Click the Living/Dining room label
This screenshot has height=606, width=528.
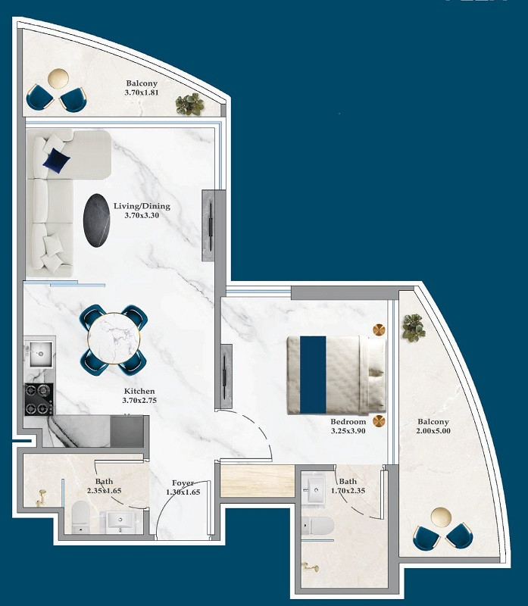[142, 206]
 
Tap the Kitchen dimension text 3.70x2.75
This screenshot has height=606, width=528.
[139, 401]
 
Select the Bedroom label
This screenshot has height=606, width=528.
[348, 422]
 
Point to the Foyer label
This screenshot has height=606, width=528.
[183, 483]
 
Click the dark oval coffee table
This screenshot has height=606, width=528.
[97, 220]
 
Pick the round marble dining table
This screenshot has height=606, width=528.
[114, 339]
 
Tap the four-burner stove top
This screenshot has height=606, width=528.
[39, 399]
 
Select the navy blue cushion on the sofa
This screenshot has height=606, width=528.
[56, 160]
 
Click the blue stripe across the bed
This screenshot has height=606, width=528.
[313, 375]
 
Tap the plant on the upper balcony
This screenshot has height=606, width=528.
[189, 104]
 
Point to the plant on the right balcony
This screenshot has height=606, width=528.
[414, 328]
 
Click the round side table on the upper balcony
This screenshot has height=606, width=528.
[58, 79]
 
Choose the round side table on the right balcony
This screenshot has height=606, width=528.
[441, 517]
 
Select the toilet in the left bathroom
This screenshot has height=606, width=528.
[81, 517]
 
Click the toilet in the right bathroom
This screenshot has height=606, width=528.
[317, 526]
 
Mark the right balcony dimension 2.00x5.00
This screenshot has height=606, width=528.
[433, 431]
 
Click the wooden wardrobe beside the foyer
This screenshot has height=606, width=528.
[258, 481]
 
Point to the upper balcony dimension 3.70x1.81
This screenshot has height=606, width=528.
[142, 92]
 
